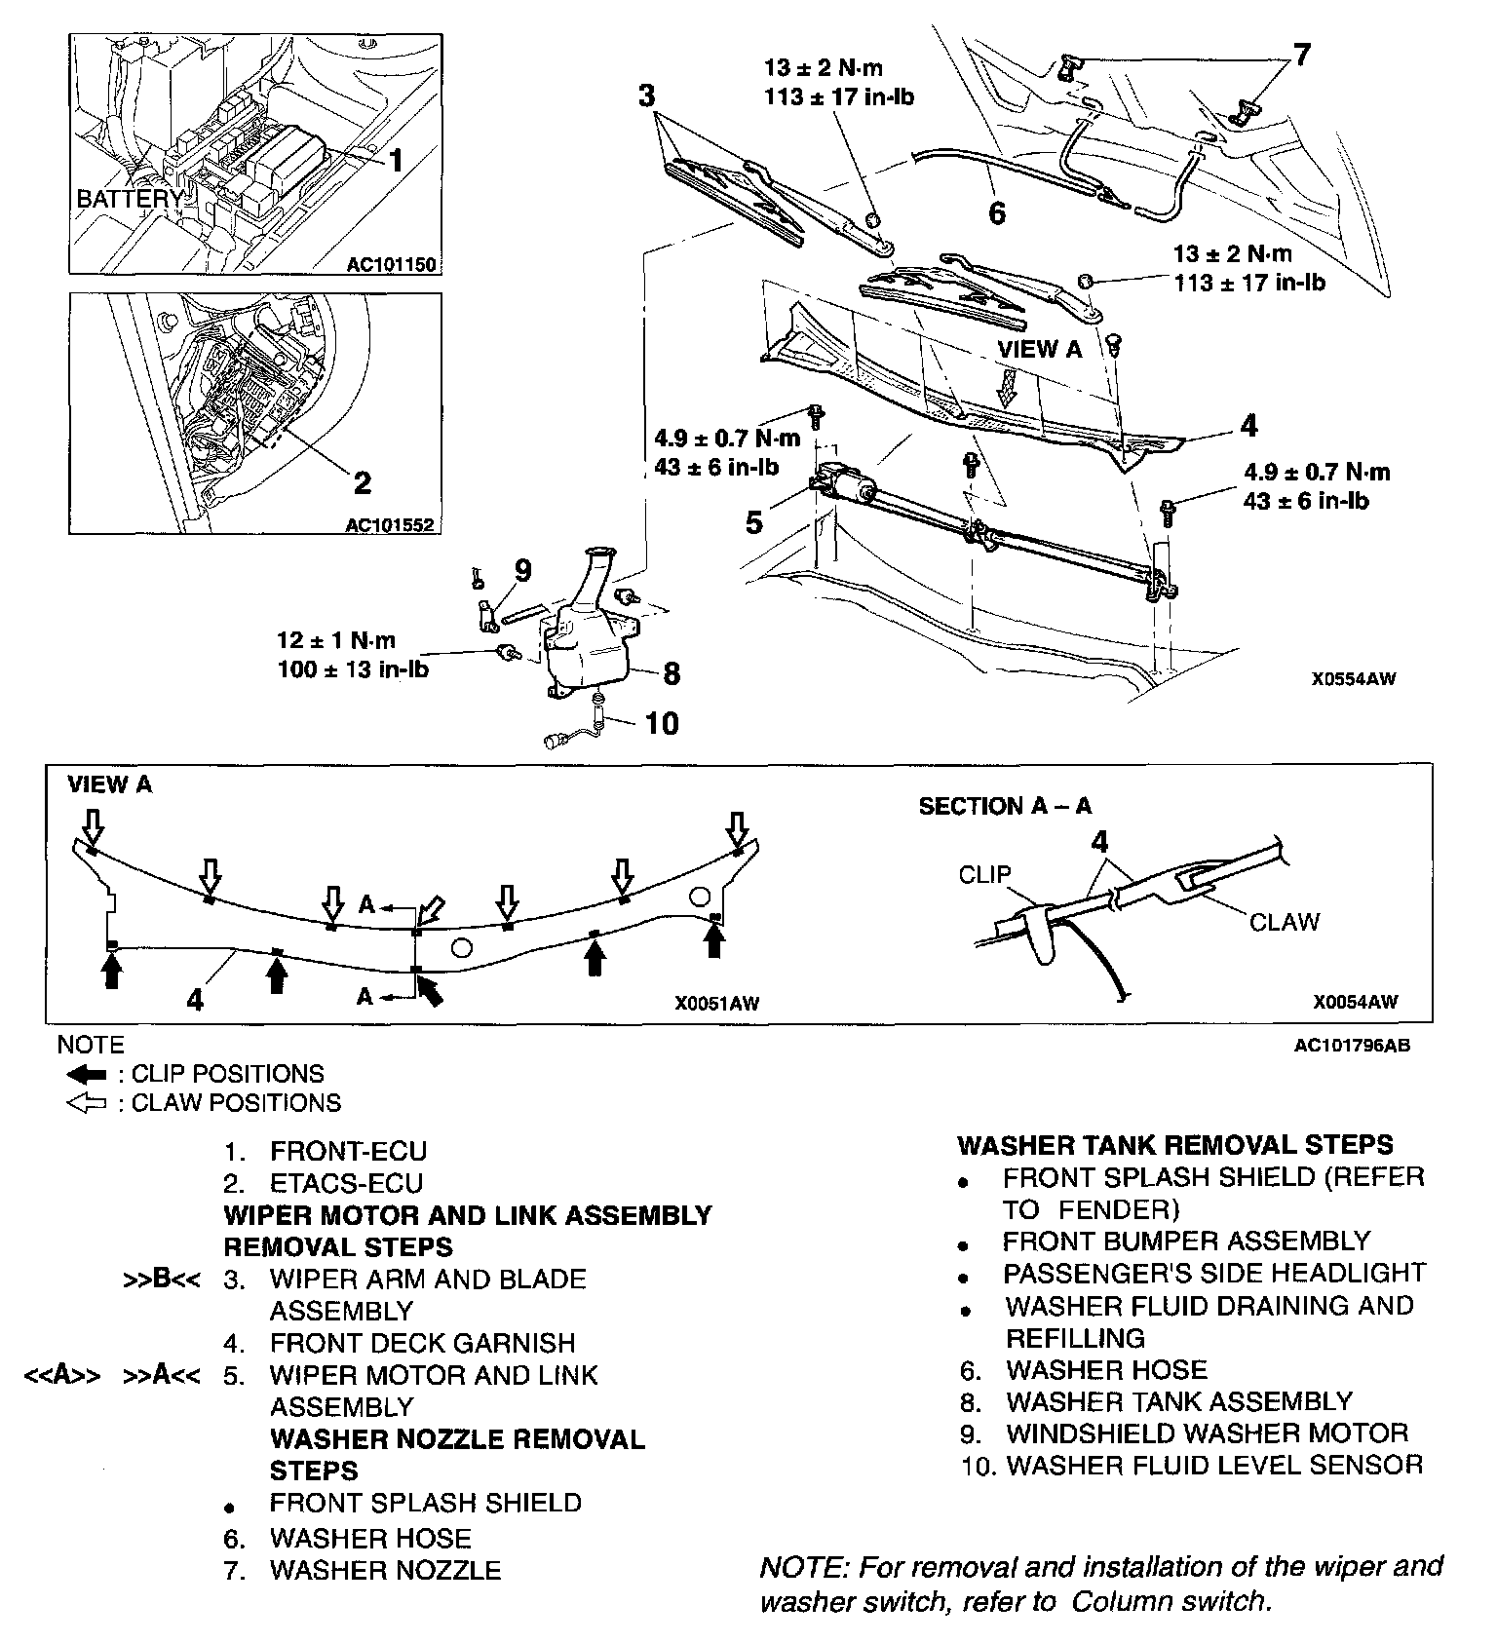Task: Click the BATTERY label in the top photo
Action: [x=129, y=199]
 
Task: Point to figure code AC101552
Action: [x=390, y=525]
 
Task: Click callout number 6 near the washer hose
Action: [x=996, y=212]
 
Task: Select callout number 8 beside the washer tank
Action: [x=671, y=673]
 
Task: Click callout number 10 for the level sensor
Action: [x=662, y=723]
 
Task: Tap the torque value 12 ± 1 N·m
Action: [x=336, y=640]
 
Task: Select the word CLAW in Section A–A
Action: [x=1285, y=922]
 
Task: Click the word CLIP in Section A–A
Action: [x=984, y=874]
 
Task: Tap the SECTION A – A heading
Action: [x=1005, y=806]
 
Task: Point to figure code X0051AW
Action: [x=716, y=1002]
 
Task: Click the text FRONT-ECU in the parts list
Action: [x=348, y=1151]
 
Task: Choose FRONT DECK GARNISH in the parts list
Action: [x=422, y=1343]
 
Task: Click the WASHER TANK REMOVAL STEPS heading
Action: [x=1175, y=1144]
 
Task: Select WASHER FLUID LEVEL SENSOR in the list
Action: [x=1214, y=1465]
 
